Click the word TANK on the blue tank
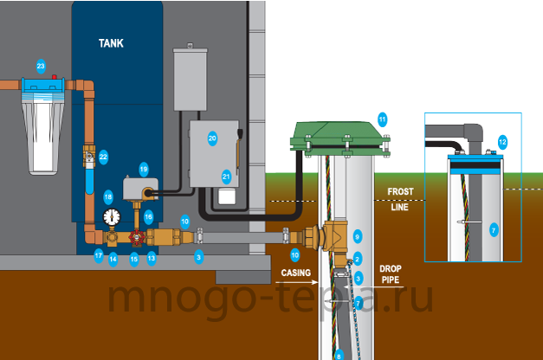coord(111,43)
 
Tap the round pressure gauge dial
coord(112,217)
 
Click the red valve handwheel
coord(137,237)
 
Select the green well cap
coord(340,138)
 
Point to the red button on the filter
coord(54,76)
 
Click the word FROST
coord(400,191)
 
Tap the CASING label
coord(295,273)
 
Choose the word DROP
coord(391,268)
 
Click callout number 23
coord(41,66)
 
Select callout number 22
coord(103,157)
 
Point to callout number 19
coord(144,170)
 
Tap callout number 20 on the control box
coord(212,138)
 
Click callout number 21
coord(226,177)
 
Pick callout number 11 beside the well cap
coord(382,119)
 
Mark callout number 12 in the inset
coord(502,142)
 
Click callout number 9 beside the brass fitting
coord(358,237)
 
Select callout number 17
coord(99,256)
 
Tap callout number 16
coord(149,217)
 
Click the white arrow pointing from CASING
coord(297,282)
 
